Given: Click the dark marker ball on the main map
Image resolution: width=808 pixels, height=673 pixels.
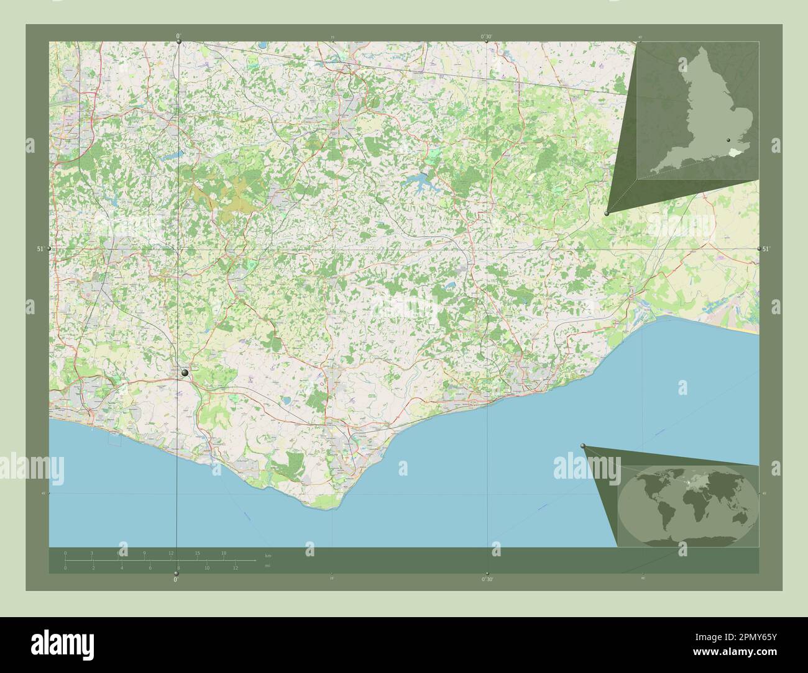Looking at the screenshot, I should point(185,373).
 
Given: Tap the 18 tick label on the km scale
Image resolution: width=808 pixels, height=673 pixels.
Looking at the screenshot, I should point(224,553).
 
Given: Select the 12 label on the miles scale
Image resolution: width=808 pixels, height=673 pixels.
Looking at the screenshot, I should point(236,568).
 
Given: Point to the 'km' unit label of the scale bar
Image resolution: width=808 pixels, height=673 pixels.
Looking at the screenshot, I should point(268,555).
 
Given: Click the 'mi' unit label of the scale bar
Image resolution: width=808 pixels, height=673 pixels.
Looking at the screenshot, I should point(268,566).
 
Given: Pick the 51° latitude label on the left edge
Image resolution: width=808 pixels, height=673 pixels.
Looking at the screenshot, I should point(40,249).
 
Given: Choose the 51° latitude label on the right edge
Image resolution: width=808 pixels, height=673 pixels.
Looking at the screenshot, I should point(766,249).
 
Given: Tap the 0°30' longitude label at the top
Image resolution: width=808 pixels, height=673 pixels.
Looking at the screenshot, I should point(487,37).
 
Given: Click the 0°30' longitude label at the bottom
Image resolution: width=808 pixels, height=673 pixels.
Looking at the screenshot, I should point(488,579).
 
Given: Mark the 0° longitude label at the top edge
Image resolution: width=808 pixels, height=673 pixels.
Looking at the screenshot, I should point(178,37).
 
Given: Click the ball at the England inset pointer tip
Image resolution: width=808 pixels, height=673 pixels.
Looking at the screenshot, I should point(607,213).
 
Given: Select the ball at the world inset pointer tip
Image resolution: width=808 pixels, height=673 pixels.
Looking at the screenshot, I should point(583,446).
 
